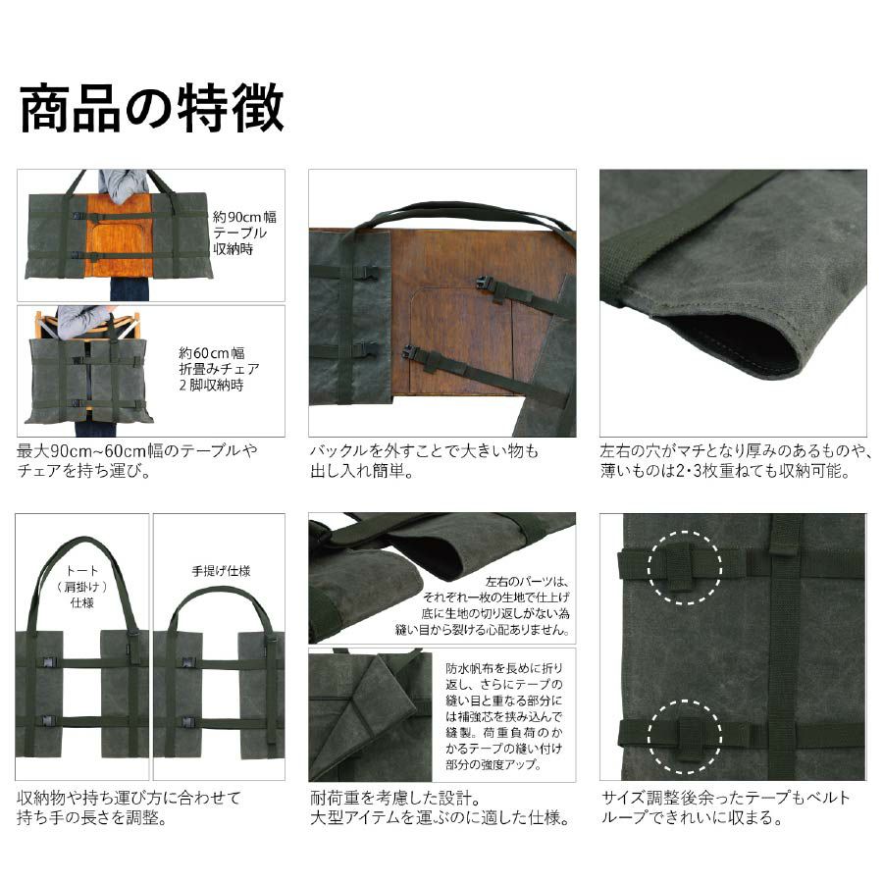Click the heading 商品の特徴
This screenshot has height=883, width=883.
point(151,108)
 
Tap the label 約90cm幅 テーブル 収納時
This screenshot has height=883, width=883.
point(244,234)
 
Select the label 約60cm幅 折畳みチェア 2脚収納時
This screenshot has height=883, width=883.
point(219,370)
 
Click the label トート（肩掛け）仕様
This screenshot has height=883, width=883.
point(82,587)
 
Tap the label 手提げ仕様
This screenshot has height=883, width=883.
point(221,571)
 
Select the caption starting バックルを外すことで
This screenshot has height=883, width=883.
point(424,461)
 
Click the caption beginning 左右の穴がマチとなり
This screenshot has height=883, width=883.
point(736,461)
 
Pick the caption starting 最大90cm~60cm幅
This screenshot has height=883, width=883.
point(136,461)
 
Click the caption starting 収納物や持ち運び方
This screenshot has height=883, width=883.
point(129,807)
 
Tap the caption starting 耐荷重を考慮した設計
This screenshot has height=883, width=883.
point(441,807)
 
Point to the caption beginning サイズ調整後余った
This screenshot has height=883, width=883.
point(725,807)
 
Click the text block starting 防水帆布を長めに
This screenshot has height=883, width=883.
point(503,716)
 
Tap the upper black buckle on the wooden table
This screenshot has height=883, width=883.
point(488,284)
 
